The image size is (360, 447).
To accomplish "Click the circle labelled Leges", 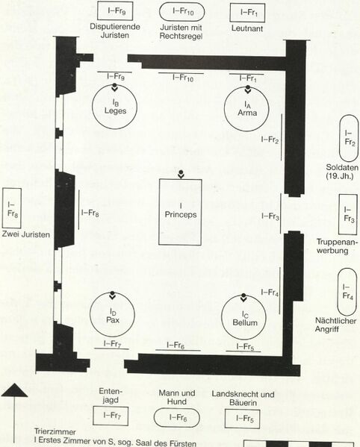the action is tap(92, 106).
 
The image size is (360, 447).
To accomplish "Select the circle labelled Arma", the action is tap(224, 109).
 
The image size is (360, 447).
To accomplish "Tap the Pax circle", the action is tap(90, 314).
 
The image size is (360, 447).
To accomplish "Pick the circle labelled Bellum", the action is tap(222, 317).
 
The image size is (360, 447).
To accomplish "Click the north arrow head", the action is tap(14, 390).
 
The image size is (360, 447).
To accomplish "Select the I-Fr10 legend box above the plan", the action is tap(181, 3).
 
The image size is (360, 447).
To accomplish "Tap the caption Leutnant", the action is tap(247, 28).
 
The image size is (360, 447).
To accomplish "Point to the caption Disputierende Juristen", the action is tap(115, 31).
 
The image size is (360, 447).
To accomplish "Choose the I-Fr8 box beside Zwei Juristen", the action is tap(2, 207).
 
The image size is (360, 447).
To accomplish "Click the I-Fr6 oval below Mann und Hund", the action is tap(176, 409).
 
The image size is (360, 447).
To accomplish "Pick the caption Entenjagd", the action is tap(111, 396).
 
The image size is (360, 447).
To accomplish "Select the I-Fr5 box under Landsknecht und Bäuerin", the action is tap(243, 410).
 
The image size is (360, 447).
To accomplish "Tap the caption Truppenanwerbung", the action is tap(337, 246).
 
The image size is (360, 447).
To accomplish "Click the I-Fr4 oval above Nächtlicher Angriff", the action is tap(338, 292).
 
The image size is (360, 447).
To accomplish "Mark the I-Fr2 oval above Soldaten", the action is tap(340, 138).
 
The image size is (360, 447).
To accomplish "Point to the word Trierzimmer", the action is tap(55, 431).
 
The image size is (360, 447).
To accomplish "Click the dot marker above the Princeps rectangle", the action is tap(181, 172).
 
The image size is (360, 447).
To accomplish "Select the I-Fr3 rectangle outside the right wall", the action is tap(339, 214).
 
